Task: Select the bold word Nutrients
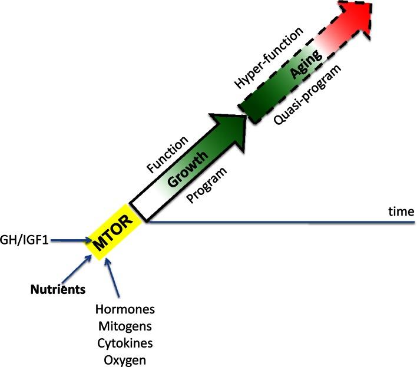(58, 289)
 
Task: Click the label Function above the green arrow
(168, 155)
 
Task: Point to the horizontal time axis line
(283, 222)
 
